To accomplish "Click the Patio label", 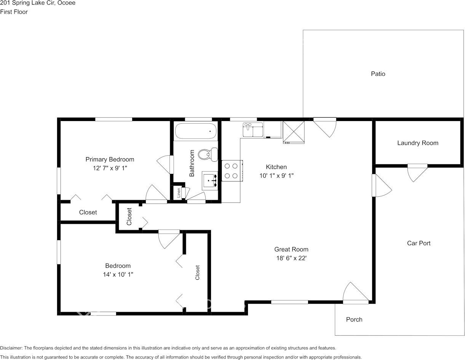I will [x=378, y=74].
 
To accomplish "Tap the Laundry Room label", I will [x=417, y=143].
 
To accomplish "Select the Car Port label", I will [x=419, y=243].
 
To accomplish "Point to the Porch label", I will [x=354, y=320].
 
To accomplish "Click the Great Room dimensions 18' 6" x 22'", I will [x=291, y=258].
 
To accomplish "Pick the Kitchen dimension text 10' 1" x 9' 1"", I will [x=276, y=175].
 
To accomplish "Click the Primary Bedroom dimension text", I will [x=110, y=168].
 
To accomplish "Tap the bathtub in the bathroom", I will [x=195, y=132].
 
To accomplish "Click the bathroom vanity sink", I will [x=210, y=181].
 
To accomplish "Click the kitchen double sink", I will [x=253, y=129].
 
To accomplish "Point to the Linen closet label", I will [x=178, y=193].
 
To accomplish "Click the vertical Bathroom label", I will [x=192, y=163].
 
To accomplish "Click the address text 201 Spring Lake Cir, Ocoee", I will [x=38, y=3].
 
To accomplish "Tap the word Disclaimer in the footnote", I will [x=11, y=348].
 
